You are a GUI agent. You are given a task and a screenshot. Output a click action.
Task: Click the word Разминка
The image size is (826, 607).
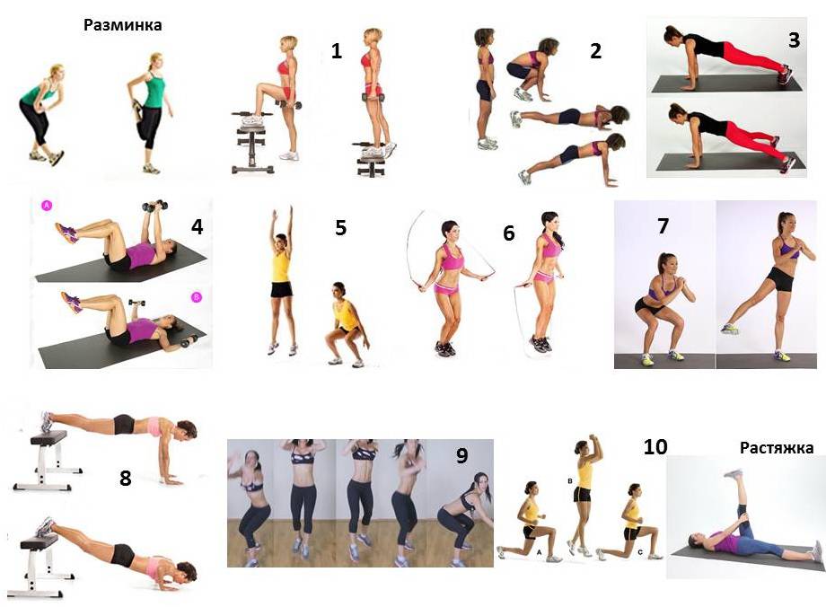122,25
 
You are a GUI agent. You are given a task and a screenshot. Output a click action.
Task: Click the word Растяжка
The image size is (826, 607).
777,448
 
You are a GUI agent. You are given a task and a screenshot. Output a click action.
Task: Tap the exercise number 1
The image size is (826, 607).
336,51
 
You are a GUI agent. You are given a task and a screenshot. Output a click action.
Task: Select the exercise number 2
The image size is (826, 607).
595,51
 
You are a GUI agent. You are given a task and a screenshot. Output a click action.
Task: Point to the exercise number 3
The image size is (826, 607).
794,40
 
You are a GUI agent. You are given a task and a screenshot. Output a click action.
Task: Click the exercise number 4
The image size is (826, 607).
197,226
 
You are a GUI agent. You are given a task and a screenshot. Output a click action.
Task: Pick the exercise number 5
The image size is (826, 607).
341,228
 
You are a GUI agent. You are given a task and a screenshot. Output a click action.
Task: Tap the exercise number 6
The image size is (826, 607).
509,233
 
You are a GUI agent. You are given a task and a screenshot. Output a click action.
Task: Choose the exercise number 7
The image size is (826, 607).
663,226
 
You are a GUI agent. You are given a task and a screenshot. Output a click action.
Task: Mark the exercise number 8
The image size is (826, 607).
126,478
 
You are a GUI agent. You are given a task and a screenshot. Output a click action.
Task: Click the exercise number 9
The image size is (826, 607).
462,455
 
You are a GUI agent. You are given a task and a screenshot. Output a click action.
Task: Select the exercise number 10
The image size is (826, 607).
655,447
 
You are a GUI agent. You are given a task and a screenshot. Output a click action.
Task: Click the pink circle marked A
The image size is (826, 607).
47,206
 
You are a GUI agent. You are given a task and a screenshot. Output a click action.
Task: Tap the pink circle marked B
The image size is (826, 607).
196,298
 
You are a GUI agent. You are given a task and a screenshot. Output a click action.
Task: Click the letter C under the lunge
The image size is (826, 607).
640,553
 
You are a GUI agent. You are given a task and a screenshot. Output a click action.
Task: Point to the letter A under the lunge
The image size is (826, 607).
539,553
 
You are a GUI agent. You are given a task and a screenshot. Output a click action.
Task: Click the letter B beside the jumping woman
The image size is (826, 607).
570,481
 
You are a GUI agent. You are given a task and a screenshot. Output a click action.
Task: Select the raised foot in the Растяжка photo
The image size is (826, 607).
734,474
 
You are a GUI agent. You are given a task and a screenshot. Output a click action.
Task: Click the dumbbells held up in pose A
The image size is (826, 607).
154,206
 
